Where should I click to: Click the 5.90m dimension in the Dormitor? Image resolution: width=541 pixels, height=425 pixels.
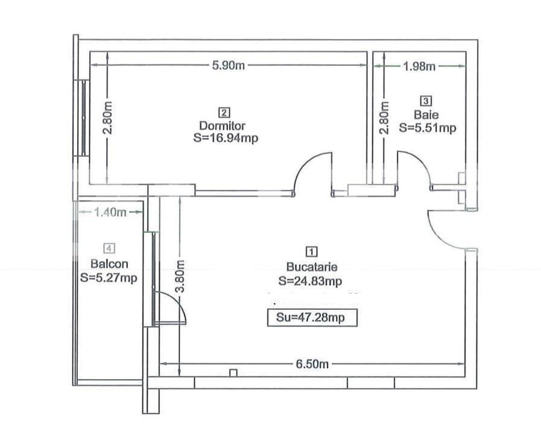tap(229, 66)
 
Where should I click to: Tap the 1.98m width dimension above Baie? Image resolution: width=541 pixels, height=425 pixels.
tap(419, 66)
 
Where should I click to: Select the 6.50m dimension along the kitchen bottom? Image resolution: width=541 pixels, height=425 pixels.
tap(312, 364)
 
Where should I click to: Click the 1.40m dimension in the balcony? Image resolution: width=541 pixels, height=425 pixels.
tap(109, 212)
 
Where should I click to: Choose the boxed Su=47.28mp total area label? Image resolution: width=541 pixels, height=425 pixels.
tap(312, 318)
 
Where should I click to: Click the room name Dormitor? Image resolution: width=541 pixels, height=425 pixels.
tap(223, 126)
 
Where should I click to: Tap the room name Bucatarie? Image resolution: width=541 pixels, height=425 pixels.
tap(311, 267)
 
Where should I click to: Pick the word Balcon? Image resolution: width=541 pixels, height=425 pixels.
tap(109, 263)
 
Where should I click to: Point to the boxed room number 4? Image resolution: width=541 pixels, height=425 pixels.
tap(109, 248)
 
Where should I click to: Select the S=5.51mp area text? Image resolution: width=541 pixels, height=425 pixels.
tap(427, 127)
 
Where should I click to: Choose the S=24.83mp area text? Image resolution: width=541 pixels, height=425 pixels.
tap(311, 281)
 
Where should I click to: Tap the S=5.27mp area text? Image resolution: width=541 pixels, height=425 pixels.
tap(109, 278)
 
